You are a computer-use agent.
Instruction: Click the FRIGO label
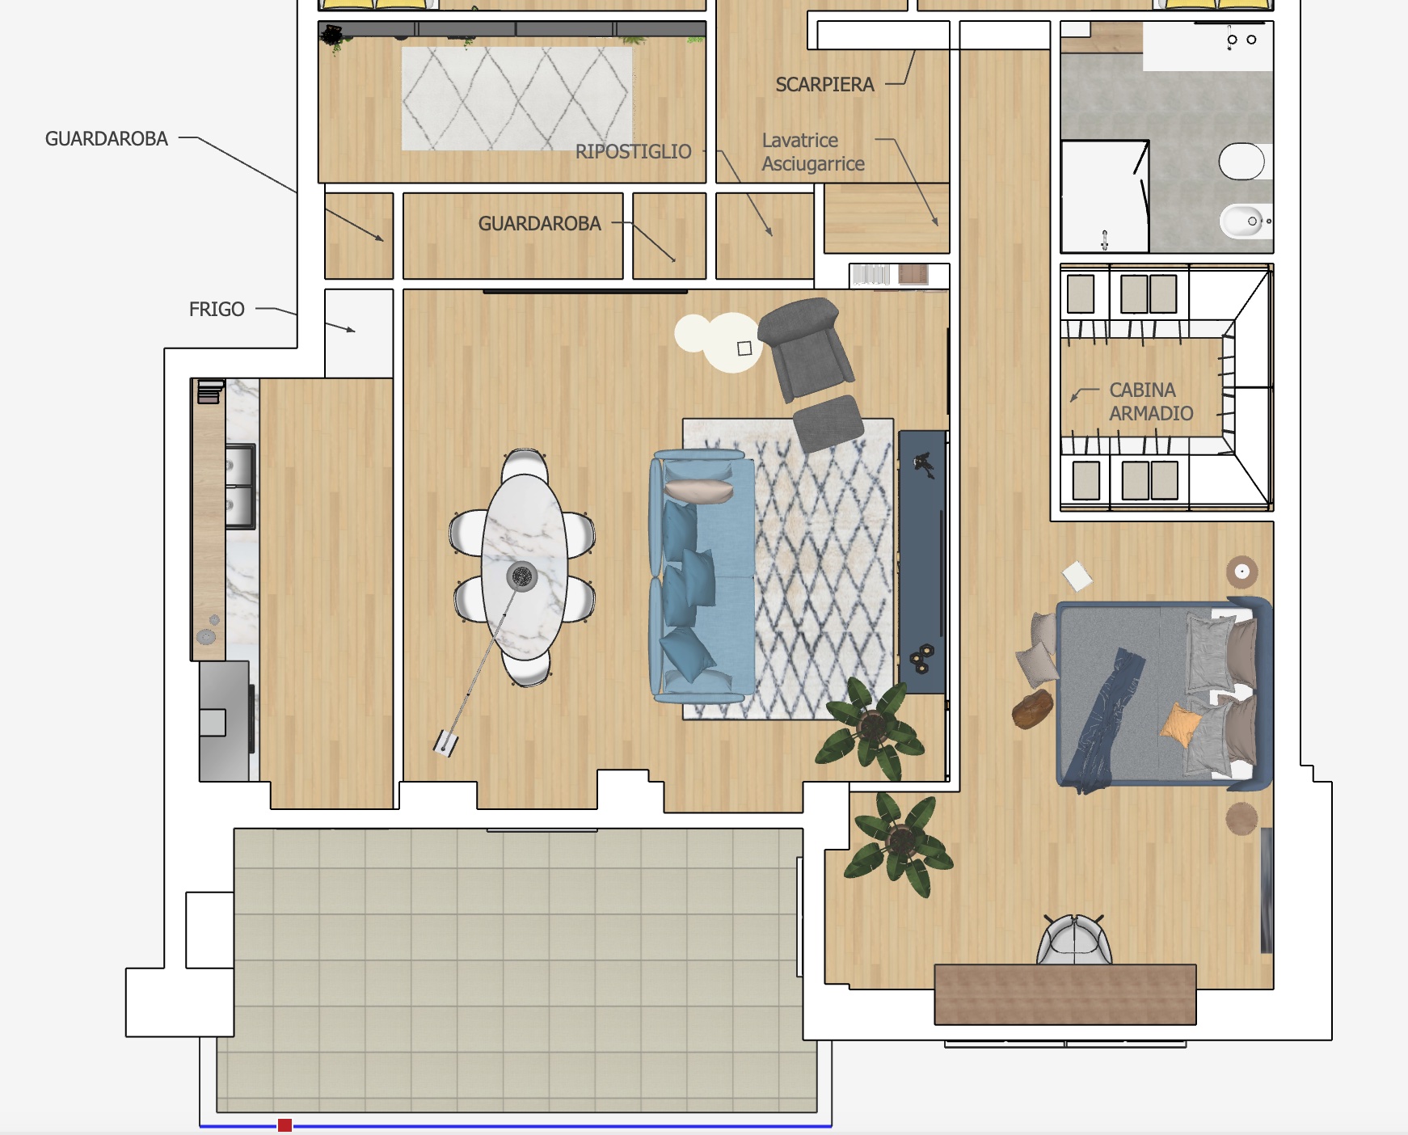(217, 309)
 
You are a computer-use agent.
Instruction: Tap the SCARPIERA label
(824, 84)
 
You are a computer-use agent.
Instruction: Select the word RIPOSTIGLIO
(633, 151)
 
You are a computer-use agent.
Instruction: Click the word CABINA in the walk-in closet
(1142, 390)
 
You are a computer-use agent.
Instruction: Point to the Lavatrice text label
(799, 140)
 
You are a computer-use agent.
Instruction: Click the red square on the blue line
(285, 1125)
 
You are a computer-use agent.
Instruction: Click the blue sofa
(702, 576)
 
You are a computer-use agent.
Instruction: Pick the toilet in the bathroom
(1242, 162)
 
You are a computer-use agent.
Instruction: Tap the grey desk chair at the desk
(1074, 939)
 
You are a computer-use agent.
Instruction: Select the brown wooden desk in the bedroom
(1065, 994)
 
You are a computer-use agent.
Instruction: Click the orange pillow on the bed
(1181, 724)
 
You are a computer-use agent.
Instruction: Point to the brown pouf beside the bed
(1032, 709)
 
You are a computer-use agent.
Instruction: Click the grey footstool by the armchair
(828, 423)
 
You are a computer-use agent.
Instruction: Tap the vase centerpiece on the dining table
(522, 576)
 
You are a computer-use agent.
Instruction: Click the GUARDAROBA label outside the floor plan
(106, 139)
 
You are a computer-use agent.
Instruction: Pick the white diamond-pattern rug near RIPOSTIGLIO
(516, 99)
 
